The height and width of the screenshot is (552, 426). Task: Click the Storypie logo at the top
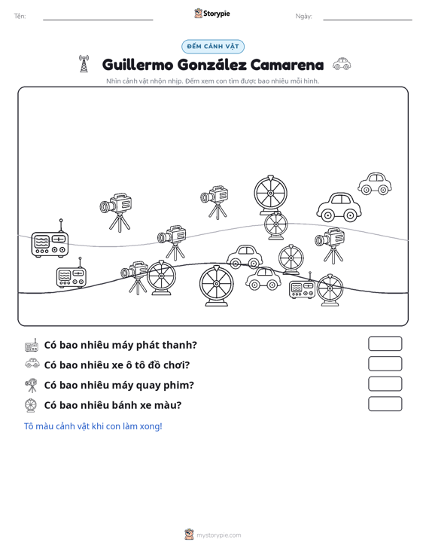(x=212, y=14)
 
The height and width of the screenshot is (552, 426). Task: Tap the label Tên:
(x=20, y=17)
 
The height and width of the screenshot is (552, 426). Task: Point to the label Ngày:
(x=303, y=17)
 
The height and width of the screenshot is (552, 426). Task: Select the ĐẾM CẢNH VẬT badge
(x=213, y=47)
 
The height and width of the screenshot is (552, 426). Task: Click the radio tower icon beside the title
(x=84, y=64)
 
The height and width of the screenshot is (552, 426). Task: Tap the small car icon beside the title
(x=342, y=64)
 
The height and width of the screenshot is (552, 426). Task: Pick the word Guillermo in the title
(x=138, y=65)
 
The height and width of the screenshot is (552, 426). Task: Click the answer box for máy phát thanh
(x=385, y=343)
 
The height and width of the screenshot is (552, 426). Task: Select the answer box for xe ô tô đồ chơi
(x=385, y=364)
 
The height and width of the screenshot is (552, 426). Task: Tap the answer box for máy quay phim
(x=385, y=384)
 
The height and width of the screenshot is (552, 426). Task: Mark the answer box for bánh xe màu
(x=385, y=404)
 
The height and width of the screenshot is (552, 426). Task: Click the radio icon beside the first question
(x=32, y=346)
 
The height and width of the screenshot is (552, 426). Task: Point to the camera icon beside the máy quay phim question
(x=32, y=385)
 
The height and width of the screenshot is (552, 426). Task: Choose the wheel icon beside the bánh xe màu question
(x=31, y=405)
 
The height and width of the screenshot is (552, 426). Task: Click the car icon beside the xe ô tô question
(x=32, y=363)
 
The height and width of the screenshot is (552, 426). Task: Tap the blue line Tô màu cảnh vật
(x=93, y=426)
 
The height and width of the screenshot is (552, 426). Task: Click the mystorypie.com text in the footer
(x=219, y=535)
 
